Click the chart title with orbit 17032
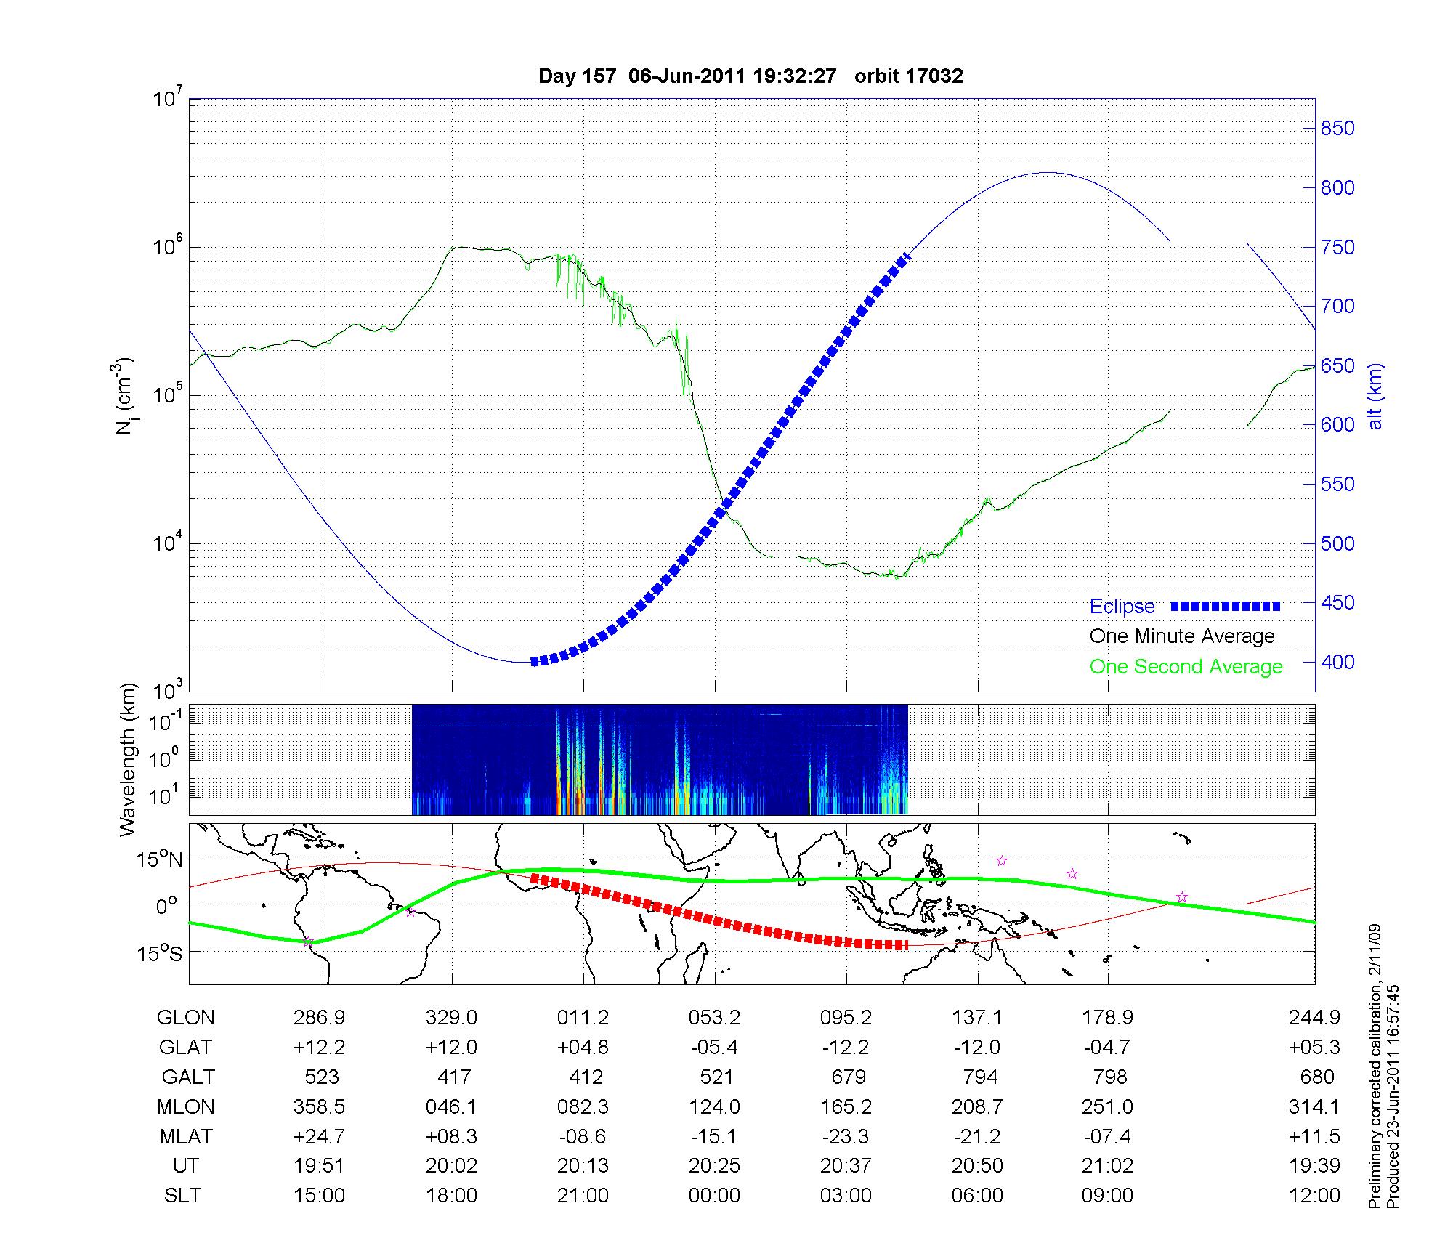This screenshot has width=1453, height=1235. point(750,76)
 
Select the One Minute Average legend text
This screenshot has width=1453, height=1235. point(1182,636)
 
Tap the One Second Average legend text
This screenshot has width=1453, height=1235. point(1186,667)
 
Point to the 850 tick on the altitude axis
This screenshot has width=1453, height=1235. point(1337,129)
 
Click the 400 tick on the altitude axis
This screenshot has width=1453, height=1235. point(1337,663)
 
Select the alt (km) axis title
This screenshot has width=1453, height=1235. point(1375,397)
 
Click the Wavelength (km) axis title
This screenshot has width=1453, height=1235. point(129,759)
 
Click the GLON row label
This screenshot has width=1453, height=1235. point(185,1018)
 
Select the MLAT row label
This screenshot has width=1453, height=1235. point(185,1136)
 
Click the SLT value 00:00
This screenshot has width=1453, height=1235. point(714,1196)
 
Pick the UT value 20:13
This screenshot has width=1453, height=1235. point(583,1166)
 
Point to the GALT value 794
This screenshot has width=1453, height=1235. point(978,1077)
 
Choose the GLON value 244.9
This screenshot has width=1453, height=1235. point(1314,1018)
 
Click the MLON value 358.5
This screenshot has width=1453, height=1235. point(319,1106)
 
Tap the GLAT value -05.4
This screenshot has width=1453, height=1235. point(714,1048)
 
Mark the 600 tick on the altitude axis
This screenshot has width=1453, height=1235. point(1337,425)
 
